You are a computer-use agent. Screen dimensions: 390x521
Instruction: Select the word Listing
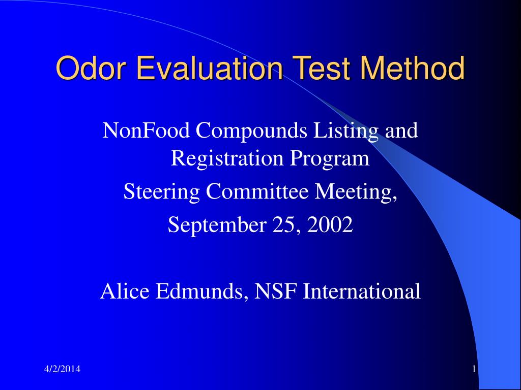click(x=346, y=132)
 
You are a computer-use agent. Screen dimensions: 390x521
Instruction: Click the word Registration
click(x=228, y=158)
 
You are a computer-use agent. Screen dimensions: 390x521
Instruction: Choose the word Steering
click(x=162, y=192)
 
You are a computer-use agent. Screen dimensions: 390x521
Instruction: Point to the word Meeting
click(x=356, y=192)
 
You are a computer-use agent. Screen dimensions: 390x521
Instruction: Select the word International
click(x=362, y=291)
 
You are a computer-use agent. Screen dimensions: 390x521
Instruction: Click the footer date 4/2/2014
click(x=62, y=369)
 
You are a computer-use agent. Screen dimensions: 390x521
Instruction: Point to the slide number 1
click(x=474, y=369)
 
